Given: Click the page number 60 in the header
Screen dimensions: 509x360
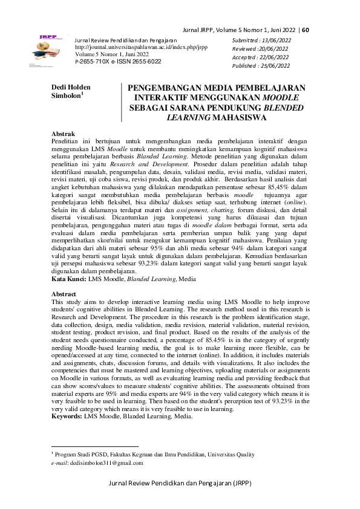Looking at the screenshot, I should [305, 30].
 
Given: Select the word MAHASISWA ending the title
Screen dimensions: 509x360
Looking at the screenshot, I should [216, 118].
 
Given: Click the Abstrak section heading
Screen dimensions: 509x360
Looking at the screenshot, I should [64, 132].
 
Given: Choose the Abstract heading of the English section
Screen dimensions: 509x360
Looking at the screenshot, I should [65, 293].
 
